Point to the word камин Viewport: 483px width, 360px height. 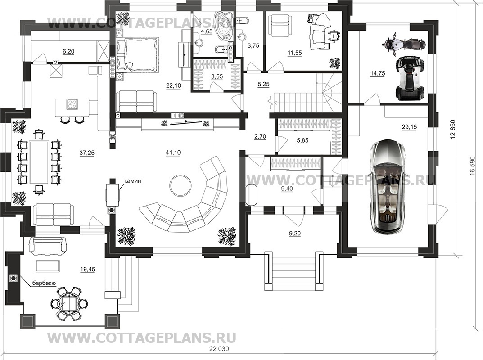132,181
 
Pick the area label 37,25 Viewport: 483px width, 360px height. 87,153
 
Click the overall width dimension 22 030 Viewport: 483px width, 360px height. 219,349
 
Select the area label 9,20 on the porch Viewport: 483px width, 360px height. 295,234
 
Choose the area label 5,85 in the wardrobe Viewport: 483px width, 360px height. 302,141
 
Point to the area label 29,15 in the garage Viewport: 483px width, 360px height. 410,126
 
